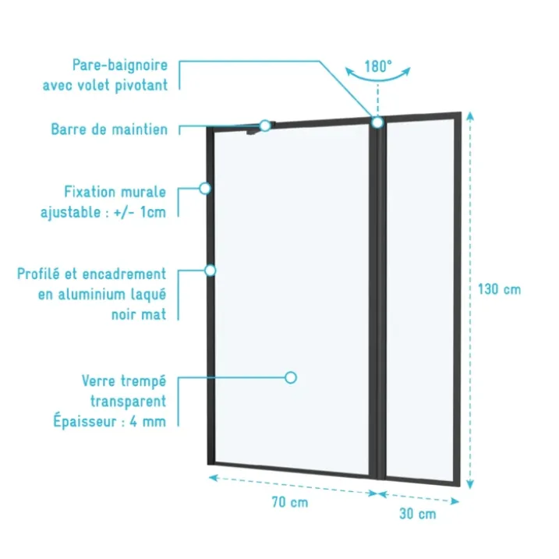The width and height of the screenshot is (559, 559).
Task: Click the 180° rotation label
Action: [x=378, y=66]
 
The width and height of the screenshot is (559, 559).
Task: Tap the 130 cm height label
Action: [x=499, y=289]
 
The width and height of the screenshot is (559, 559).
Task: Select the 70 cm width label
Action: [x=290, y=502]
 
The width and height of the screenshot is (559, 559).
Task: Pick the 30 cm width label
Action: [x=417, y=514]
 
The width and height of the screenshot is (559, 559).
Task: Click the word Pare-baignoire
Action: [x=120, y=65]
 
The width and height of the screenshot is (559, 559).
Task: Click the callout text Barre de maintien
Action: [x=109, y=129]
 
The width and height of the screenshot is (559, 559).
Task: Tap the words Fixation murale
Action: [x=115, y=192]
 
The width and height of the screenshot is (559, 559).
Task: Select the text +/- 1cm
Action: [x=140, y=213]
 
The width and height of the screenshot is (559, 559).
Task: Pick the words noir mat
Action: [x=139, y=314]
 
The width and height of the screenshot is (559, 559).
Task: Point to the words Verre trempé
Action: [x=124, y=380]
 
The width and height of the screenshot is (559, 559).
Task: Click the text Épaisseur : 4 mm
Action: [x=110, y=421]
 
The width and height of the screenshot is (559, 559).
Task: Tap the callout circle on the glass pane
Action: [x=291, y=377]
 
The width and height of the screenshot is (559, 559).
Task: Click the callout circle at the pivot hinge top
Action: [x=377, y=122]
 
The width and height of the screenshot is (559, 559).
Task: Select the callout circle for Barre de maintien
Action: [x=265, y=126]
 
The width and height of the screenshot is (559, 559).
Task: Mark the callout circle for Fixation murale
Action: [x=205, y=188]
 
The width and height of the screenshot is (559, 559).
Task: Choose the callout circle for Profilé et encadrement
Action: [x=211, y=271]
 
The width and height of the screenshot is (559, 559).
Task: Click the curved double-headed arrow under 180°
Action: [x=378, y=80]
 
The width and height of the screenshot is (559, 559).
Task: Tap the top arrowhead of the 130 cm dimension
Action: [x=470, y=116]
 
